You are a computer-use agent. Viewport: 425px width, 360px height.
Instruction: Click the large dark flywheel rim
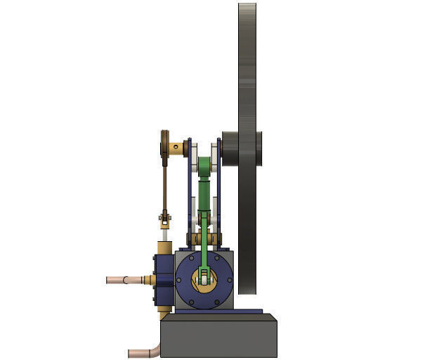pyautogui.click(x=247, y=70)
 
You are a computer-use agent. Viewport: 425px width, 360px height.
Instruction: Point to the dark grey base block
pyautogui.click(x=218, y=337)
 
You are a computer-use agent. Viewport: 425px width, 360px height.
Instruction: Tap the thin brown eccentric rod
pyautogui.click(x=165, y=186)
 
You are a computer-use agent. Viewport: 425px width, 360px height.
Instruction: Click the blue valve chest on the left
pyautogui.click(x=160, y=281)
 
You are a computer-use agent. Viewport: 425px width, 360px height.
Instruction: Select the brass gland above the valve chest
pyautogui.click(x=164, y=247)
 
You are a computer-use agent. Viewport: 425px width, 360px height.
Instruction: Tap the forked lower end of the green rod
pyautogui.click(x=204, y=274)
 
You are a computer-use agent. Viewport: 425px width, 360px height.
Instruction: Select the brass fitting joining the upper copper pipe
pyautogui.click(x=147, y=280)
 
